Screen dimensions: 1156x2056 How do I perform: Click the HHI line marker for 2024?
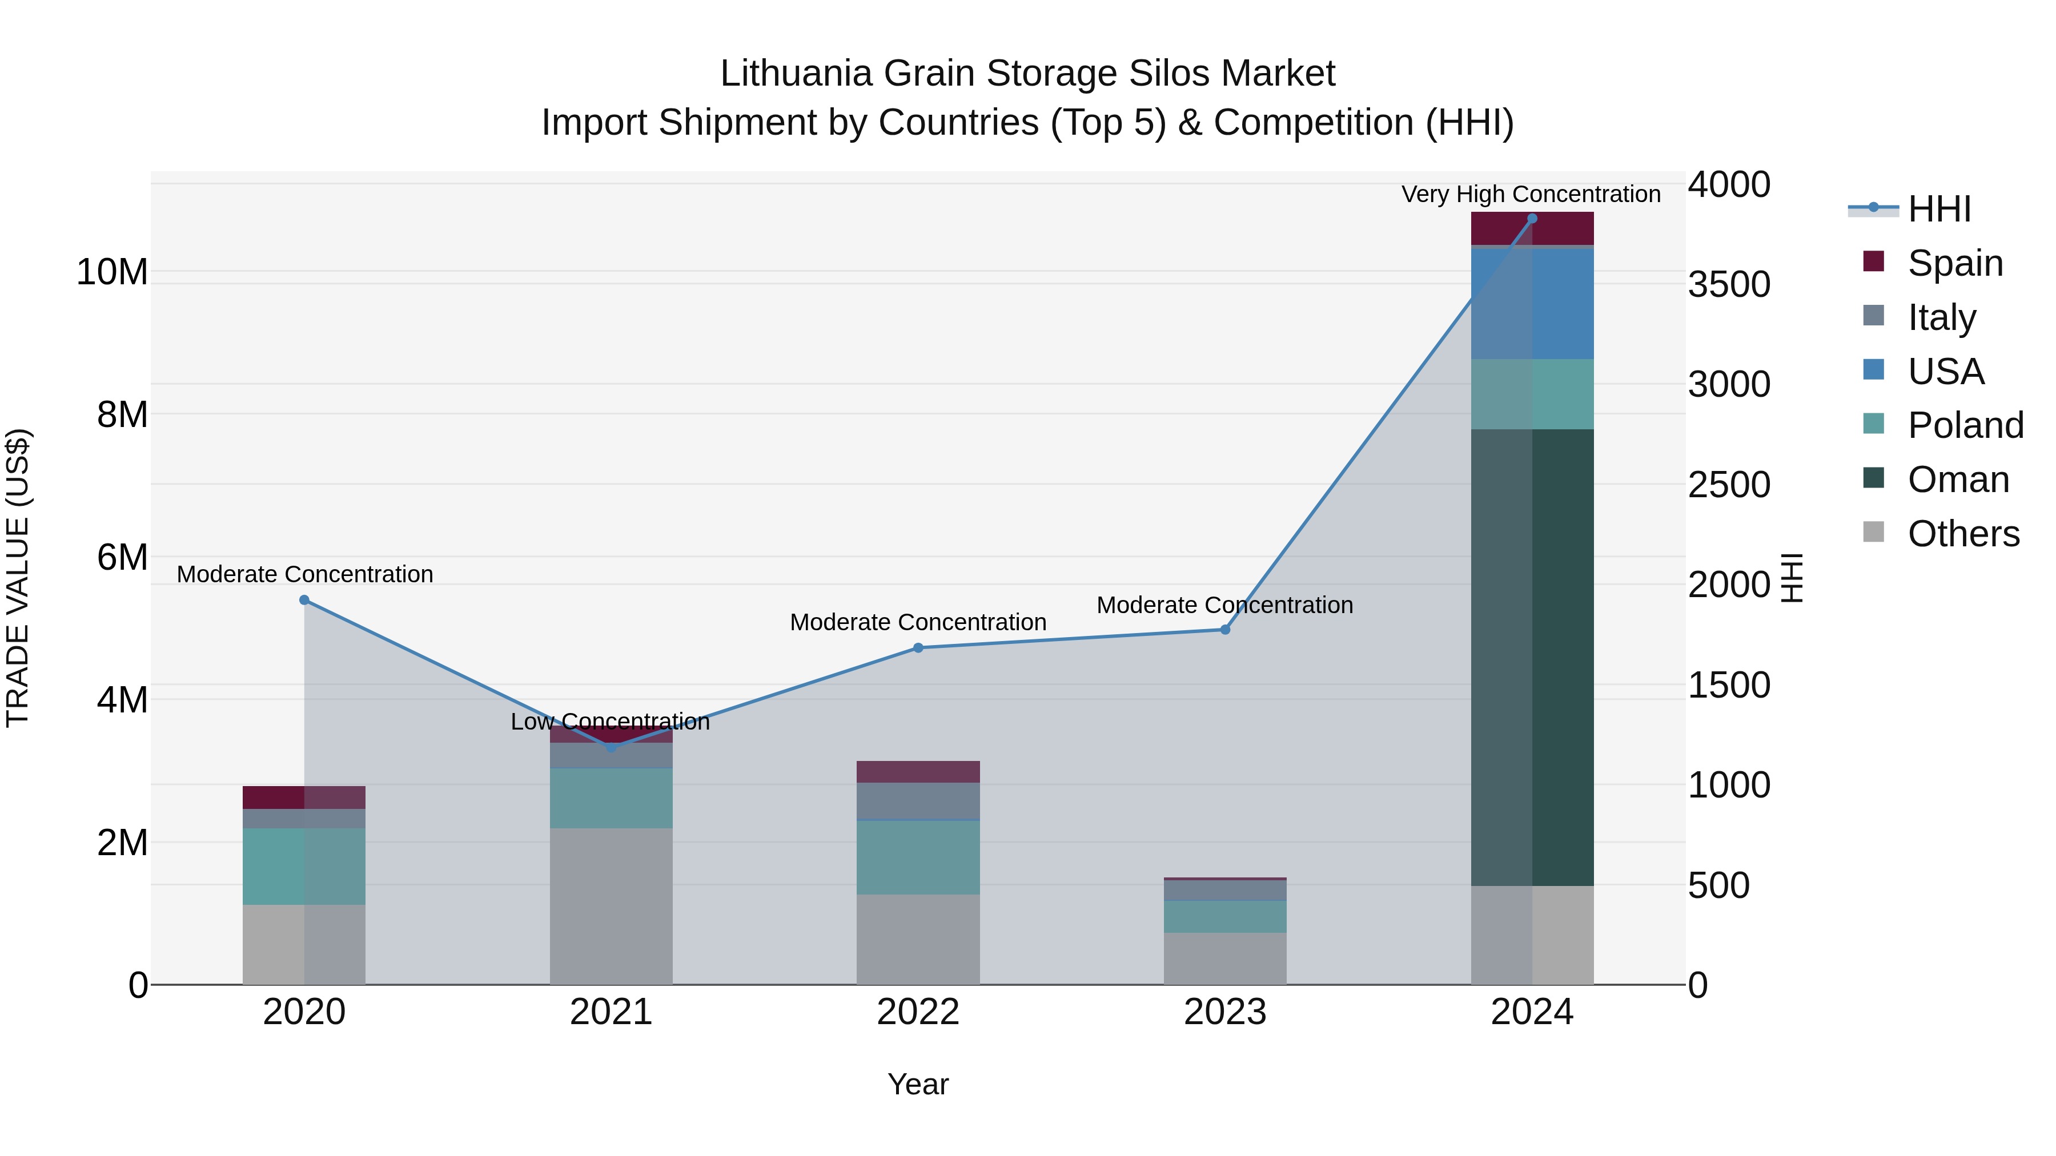pos(1532,219)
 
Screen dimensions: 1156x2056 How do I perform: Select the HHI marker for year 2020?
pos(304,600)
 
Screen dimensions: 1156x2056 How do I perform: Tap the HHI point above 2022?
pos(918,648)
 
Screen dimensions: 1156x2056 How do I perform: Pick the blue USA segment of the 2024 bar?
pos(1532,303)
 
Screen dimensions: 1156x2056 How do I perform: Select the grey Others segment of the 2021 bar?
pos(611,905)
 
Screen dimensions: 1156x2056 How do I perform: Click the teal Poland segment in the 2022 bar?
pos(918,857)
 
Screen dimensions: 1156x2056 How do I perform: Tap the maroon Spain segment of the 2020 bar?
pos(304,797)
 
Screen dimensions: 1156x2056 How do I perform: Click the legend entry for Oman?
pos(1958,480)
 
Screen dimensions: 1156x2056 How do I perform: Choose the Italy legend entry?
pos(1941,317)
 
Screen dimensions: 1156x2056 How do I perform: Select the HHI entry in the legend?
pos(1939,209)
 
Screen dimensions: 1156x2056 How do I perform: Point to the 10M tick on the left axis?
pos(112,272)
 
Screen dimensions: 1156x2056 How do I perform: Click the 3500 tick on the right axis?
pos(1729,285)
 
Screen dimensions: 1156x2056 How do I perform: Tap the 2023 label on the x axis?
pos(1224,1012)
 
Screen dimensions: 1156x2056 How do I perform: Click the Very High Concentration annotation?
pos(1531,194)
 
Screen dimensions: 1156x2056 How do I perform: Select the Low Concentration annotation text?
pos(610,721)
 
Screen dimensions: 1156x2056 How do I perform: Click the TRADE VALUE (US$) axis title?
pos(18,578)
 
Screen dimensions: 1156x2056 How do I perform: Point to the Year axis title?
pos(918,1084)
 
